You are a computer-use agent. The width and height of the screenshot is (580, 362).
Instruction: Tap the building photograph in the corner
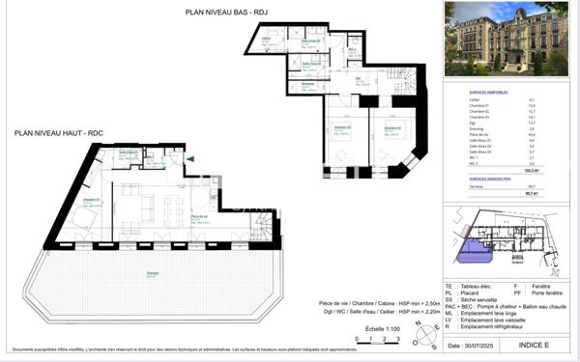click(506, 39)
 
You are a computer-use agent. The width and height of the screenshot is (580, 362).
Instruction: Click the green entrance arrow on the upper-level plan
click(190, 159)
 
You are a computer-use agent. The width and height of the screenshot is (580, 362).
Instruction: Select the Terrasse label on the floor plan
click(153, 274)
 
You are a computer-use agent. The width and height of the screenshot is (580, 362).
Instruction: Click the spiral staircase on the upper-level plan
click(261, 227)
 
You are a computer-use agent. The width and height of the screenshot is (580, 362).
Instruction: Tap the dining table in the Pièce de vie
click(174, 206)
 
